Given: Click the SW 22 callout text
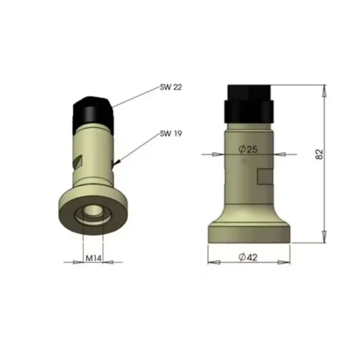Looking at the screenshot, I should [x=171, y=87].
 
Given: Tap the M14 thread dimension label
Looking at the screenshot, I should [x=92, y=259].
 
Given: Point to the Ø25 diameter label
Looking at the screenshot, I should [x=247, y=149].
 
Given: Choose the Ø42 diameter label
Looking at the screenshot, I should [x=248, y=257].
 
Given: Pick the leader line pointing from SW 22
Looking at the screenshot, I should [x=135, y=97].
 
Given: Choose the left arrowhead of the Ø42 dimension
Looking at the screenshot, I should [x=211, y=262].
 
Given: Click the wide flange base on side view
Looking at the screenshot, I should [x=248, y=233].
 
